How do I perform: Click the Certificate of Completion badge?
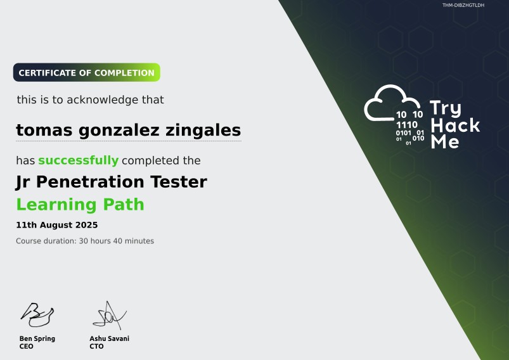86,73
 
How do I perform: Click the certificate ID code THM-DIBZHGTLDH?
463,5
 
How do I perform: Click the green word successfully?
78,160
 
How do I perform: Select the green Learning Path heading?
80,205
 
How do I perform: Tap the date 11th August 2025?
56,225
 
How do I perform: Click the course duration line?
85,241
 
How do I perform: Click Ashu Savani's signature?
110,315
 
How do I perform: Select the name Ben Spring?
37,338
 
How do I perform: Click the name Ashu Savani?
109,338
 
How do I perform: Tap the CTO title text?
96,347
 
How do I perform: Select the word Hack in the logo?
454,125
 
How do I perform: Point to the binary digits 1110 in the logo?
406,125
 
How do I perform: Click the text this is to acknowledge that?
90,100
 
